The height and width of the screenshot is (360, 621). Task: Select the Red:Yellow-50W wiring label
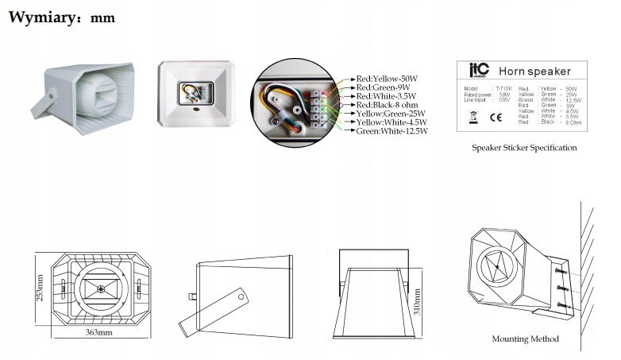pyautogui.click(x=386, y=79)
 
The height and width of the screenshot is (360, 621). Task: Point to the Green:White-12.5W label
pyautogui.click(x=392, y=131)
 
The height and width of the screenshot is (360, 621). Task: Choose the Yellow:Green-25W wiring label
pyautogui.click(x=391, y=114)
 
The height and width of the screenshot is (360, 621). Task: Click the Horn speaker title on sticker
pyautogui.click(x=539, y=71)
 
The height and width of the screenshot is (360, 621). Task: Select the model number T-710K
pyautogui.click(x=503, y=89)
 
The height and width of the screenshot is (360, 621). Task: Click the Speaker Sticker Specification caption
pyautogui.click(x=524, y=148)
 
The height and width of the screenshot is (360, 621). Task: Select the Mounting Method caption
pyautogui.click(x=525, y=339)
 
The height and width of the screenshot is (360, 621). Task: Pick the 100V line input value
pyautogui.click(x=503, y=100)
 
